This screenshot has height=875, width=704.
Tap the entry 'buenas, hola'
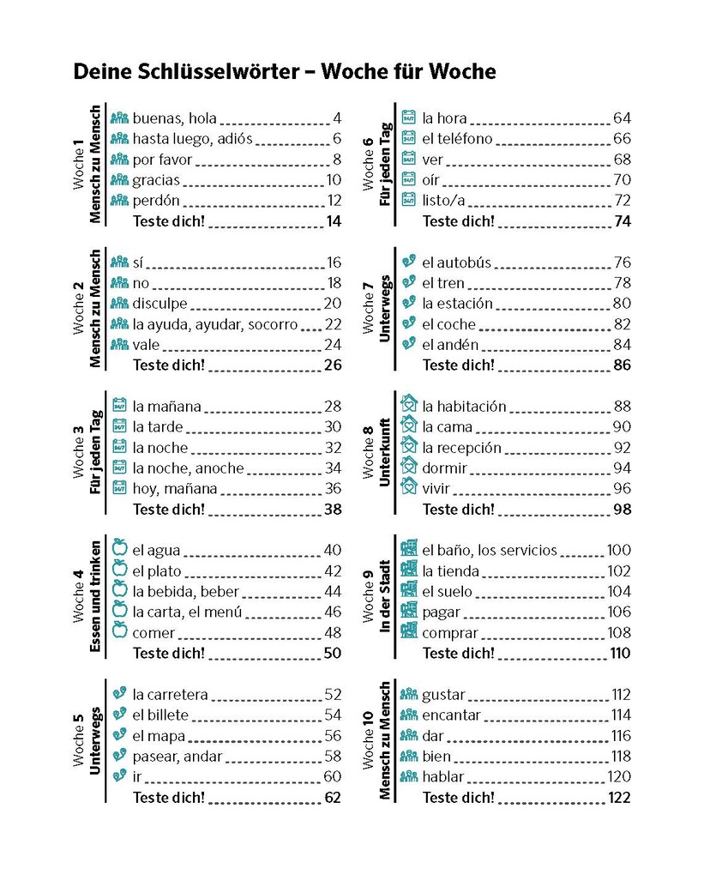[x=174, y=118]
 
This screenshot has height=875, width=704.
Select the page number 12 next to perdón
[x=333, y=201]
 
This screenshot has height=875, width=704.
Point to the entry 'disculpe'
[x=159, y=304]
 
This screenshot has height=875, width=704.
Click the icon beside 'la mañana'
[x=120, y=406]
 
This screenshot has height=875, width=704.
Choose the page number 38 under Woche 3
[x=332, y=509]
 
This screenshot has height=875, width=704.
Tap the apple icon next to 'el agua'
[x=120, y=550]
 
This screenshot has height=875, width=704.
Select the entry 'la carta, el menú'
[x=187, y=612]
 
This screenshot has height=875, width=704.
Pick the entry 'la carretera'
[x=170, y=695]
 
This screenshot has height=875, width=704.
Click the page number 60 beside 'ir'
[x=332, y=777]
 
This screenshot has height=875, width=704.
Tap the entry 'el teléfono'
[x=457, y=139]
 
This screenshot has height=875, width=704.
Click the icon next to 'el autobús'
[x=409, y=262]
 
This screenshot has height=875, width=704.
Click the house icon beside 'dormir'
[x=409, y=468]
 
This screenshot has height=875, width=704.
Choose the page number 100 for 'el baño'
[x=618, y=551]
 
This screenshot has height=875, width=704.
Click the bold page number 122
[x=618, y=798]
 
